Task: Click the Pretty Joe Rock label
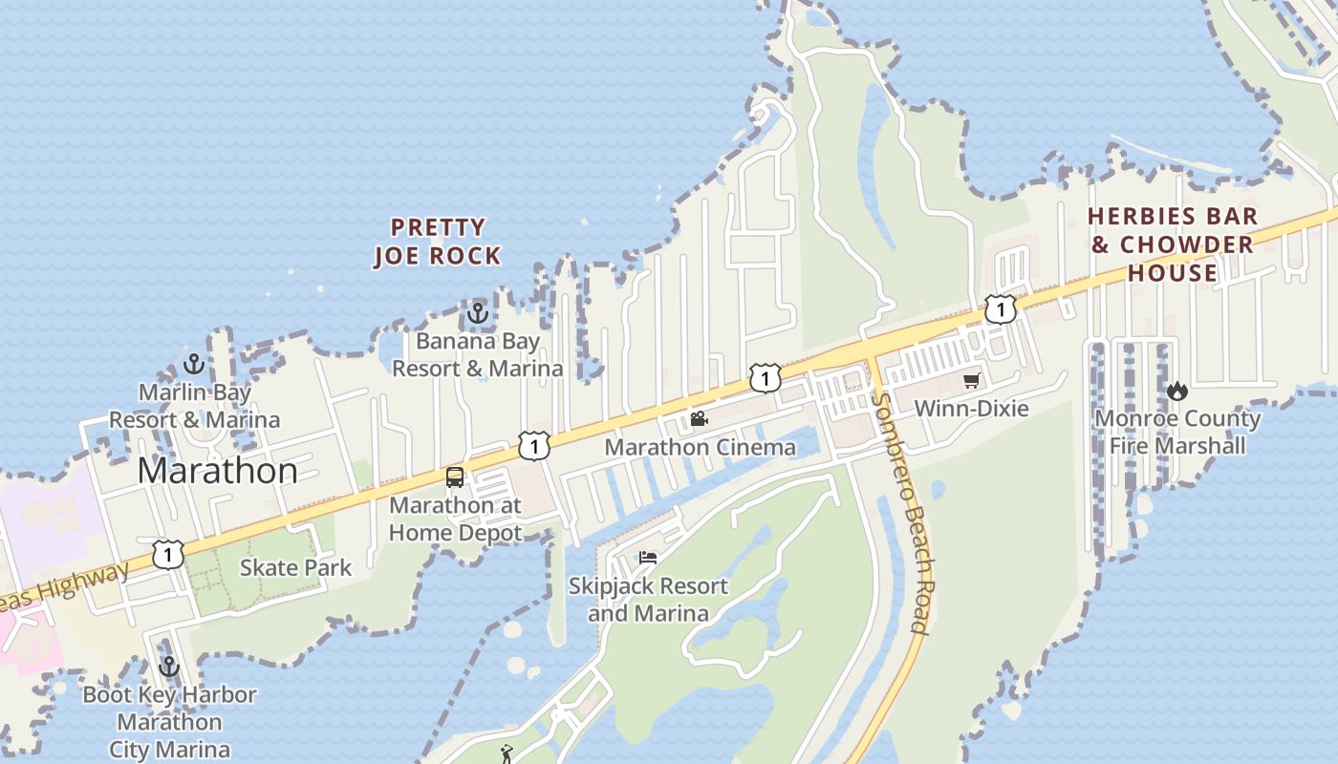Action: point(438,242)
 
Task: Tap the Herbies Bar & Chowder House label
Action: point(1173,244)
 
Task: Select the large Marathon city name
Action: point(218,471)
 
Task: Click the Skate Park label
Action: point(295,567)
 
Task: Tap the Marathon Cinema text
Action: point(701,447)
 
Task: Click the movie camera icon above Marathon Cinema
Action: point(699,419)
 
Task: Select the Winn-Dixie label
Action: point(971,409)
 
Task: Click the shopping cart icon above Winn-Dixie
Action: point(972,381)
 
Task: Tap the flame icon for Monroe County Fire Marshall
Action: point(1177,391)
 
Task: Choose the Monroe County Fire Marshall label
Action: point(1177,432)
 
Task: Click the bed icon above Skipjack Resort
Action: point(648,558)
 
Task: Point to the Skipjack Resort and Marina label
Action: point(648,599)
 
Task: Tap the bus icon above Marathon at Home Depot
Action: point(455,477)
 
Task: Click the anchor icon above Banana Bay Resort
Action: point(477,313)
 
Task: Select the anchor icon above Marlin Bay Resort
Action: point(194,364)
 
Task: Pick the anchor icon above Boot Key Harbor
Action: point(169,667)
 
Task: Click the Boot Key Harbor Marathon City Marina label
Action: point(169,722)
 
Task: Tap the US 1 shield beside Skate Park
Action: point(168,554)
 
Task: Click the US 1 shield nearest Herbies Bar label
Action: point(1001,309)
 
